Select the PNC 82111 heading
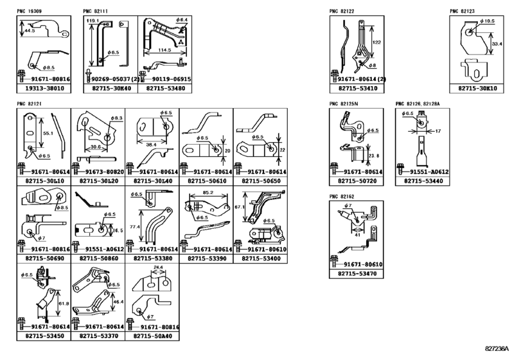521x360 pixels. [96, 12]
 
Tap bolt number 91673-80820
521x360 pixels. [100, 173]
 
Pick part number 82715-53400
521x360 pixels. [260, 258]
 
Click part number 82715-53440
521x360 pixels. [421, 182]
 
